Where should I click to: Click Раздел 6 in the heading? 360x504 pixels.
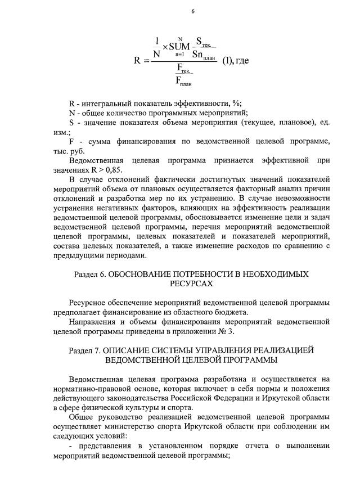point(90,274)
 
